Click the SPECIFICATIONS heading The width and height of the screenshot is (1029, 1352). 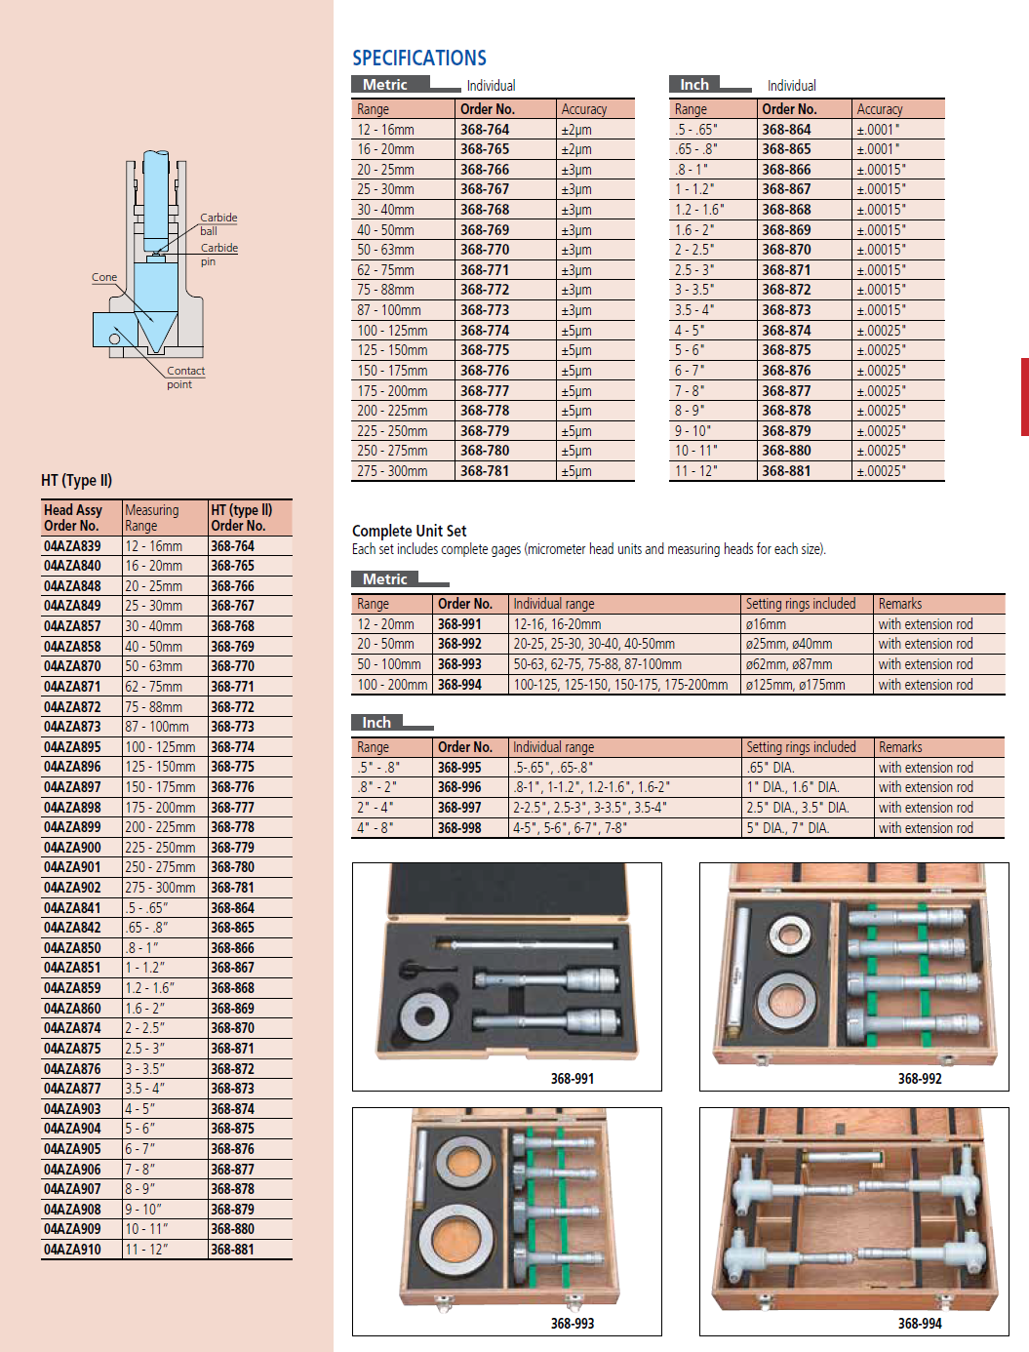pyautogui.click(x=419, y=59)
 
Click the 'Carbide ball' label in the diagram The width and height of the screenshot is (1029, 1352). pyautogui.click(x=218, y=224)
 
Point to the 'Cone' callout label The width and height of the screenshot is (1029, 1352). pyautogui.click(x=104, y=277)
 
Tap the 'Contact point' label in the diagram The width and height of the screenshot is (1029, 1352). pyautogui.click(x=184, y=378)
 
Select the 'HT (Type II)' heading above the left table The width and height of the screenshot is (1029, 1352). pyautogui.click(x=77, y=480)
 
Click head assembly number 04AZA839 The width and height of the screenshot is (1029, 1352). pyautogui.click(x=72, y=546)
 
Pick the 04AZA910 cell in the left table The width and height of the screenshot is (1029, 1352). pyautogui.click(x=72, y=1249)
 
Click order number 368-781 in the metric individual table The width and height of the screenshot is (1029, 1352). pyautogui.click(x=485, y=471)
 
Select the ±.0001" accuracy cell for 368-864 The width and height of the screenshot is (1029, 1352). pyautogui.click(x=878, y=130)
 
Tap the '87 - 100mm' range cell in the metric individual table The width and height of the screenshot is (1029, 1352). pyautogui.click(x=389, y=310)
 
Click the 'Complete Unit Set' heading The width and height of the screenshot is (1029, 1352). pyautogui.click(x=410, y=531)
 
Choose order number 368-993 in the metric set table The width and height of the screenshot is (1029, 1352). pyautogui.click(x=459, y=664)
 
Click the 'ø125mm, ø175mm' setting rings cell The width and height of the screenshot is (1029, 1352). pyautogui.click(x=796, y=685)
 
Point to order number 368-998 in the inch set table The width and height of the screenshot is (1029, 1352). pyautogui.click(x=459, y=828)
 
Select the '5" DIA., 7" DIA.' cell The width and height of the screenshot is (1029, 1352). pyautogui.click(x=788, y=828)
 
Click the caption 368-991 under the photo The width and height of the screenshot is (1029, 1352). pyautogui.click(x=573, y=1079)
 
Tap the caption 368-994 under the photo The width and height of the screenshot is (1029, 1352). pyautogui.click(x=920, y=1324)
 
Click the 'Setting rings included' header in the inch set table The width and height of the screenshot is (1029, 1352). pyautogui.click(x=801, y=747)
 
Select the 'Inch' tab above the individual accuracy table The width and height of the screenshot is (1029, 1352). pyautogui.click(x=694, y=85)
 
